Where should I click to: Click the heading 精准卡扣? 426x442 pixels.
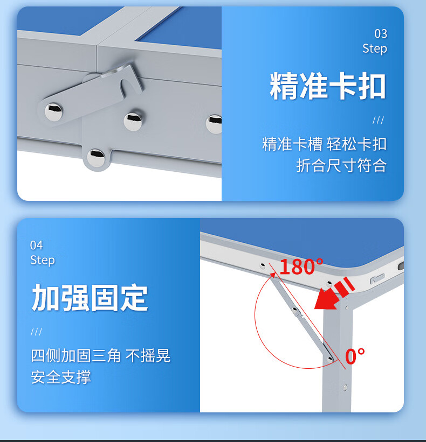click(x=328, y=86)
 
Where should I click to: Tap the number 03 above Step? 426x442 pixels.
click(x=381, y=34)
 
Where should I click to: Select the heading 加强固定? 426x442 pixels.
click(x=90, y=298)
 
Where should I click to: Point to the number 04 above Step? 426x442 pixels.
click(x=37, y=245)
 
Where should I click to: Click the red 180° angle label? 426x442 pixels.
click(x=301, y=266)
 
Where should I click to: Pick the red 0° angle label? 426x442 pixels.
click(x=355, y=356)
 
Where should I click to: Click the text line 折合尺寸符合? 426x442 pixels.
click(x=341, y=165)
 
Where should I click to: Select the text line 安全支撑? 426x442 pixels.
click(x=61, y=377)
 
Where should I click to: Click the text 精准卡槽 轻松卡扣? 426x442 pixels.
click(x=325, y=144)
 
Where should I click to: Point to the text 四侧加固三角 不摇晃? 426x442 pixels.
click(x=101, y=355)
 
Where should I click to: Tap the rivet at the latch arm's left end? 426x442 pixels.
click(x=53, y=111)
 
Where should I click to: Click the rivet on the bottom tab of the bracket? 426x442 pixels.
click(x=95, y=158)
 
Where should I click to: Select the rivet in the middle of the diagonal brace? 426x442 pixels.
click(x=296, y=311)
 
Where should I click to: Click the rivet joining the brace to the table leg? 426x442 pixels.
click(x=329, y=359)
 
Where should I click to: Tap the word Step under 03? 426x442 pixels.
click(x=375, y=48)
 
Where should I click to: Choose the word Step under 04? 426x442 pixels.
click(x=43, y=260)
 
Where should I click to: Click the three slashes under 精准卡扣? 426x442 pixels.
click(x=378, y=121)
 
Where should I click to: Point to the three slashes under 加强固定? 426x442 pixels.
click(x=37, y=332)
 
